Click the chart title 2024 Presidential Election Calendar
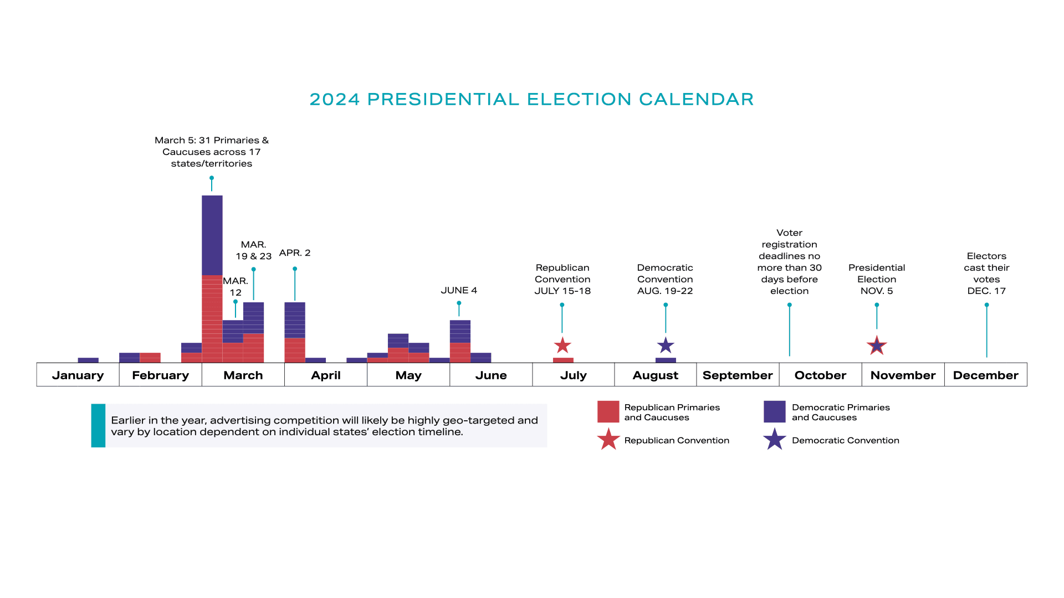[x=531, y=99]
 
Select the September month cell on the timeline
[x=738, y=375]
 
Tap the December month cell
[x=985, y=375]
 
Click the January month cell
[x=78, y=375]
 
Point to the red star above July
[x=562, y=346]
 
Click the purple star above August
[x=666, y=346]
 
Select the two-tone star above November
[x=877, y=346]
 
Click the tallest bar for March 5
[x=212, y=277]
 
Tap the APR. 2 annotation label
[x=295, y=253]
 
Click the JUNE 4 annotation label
[x=459, y=290]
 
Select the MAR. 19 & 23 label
[x=254, y=250]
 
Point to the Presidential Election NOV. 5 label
[x=877, y=279]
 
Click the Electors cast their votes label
[x=986, y=273]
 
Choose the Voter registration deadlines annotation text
[x=789, y=262]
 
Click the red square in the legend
[x=608, y=412]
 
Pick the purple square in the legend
[x=774, y=412]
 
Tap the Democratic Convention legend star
[x=774, y=440]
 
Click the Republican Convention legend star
[x=608, y=440]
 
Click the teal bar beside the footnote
[x=98, y=425]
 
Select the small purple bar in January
[x=88, y=360]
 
